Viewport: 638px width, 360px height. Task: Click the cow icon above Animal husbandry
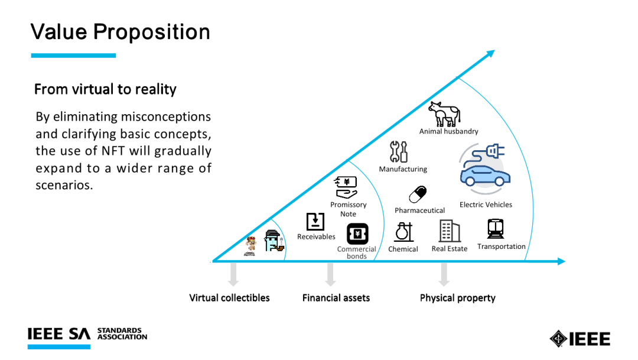[444, 113]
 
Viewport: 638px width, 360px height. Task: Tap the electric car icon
[485, 168]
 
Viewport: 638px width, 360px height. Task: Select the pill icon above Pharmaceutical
[418, 194]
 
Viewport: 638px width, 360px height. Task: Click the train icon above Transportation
[496, 228]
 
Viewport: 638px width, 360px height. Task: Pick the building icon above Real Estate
[449, 231]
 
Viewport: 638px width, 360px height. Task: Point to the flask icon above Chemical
[403, 232]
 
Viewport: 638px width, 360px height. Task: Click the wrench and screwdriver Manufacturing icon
[398, 151]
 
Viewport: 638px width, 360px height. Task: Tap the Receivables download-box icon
[315, 222]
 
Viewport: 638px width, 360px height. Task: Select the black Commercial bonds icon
[357, 233]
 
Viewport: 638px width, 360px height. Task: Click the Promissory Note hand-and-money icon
[346, 187]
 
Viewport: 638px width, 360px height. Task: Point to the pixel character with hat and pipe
[274, 241]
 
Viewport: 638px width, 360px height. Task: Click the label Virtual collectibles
[229, 298]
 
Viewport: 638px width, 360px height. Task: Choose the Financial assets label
[336, 298]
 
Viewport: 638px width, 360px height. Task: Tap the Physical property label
[458, 298]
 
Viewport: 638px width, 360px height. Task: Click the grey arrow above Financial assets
[330, 274]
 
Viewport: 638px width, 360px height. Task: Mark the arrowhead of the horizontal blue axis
[562, 261]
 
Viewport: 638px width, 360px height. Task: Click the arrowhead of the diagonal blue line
[490, 53]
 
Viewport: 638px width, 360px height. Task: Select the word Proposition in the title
[152, 32]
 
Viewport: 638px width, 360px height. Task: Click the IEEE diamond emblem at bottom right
[558, 338]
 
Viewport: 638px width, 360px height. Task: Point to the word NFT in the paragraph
[113, 151]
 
